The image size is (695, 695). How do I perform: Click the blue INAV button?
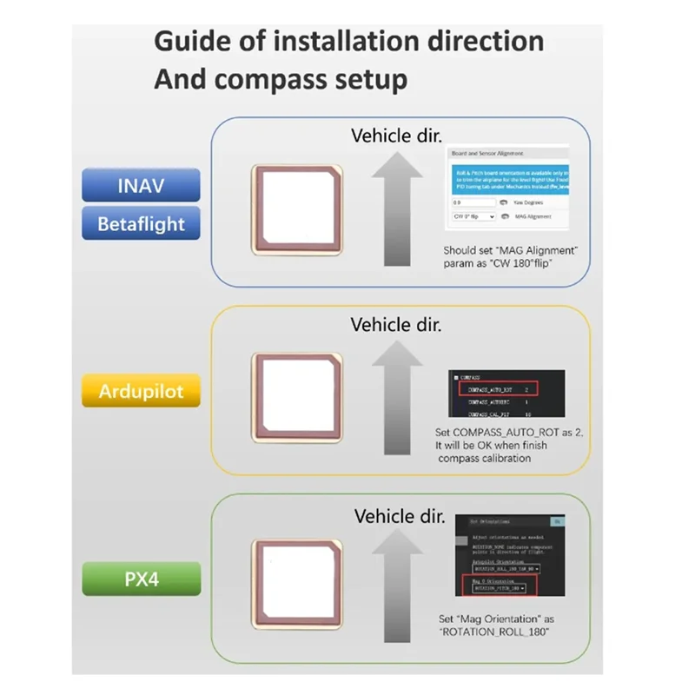click(x=142, y=185)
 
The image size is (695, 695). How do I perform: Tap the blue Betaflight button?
click(x=142, y=223)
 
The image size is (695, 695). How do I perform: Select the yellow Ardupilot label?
click(x=142, y=391)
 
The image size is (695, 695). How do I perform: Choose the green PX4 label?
click(x=142, y=577)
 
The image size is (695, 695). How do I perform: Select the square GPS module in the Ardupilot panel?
click(x=295, y=395)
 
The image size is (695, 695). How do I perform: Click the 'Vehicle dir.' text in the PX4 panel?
click(x=400, y=516)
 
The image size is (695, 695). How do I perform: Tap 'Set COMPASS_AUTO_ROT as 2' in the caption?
click(x=501, y=432)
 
